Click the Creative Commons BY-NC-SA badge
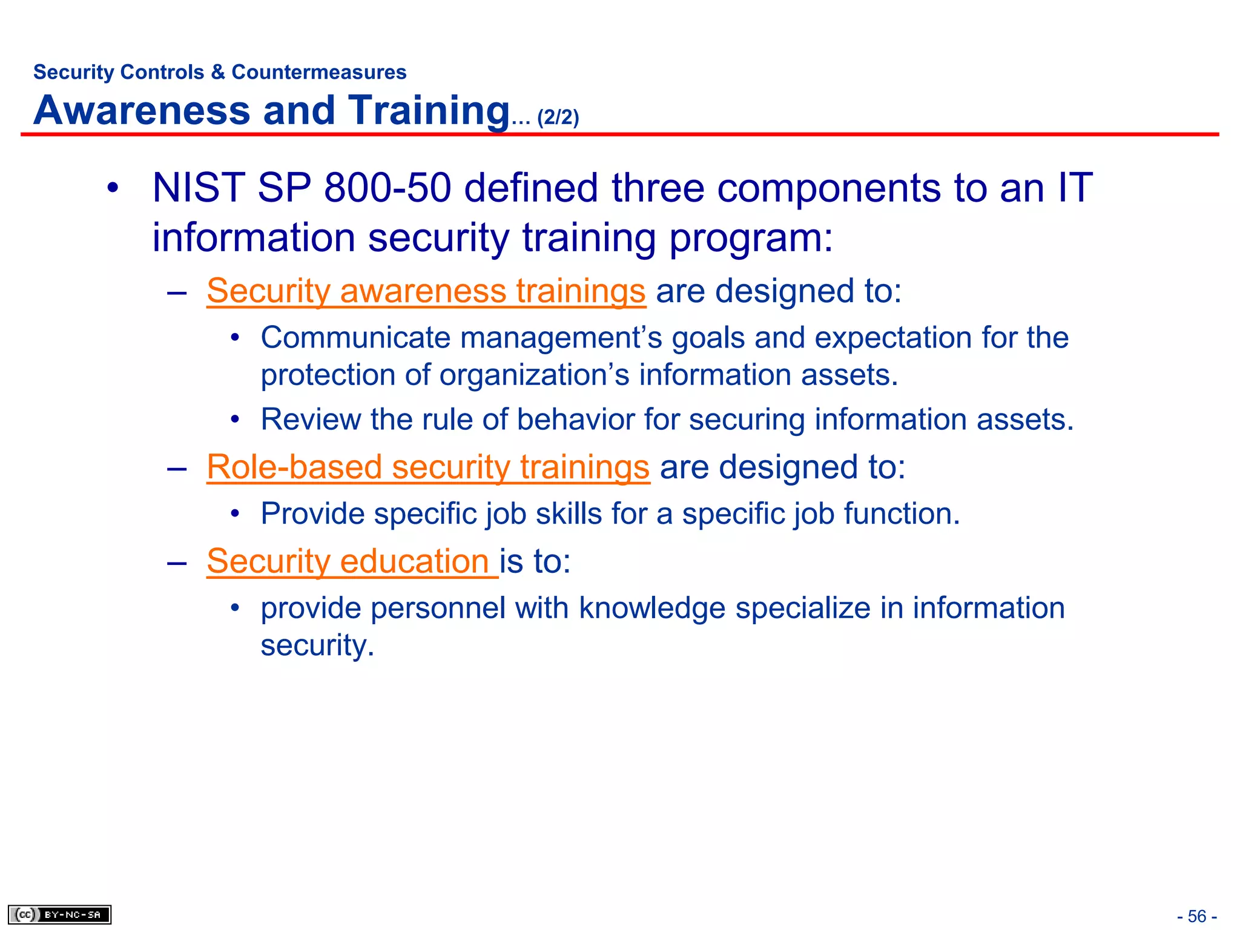click(59, 914)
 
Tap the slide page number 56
click(1196, 916)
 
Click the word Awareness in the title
click(142, 111)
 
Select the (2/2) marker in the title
click(558, 117)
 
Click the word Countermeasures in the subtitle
click(319, 72)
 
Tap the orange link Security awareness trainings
click(426, 291)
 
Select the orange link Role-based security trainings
click(427, 467)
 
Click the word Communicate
click(355, 337)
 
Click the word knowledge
click(651, 608)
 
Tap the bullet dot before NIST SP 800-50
click(112, 188)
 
